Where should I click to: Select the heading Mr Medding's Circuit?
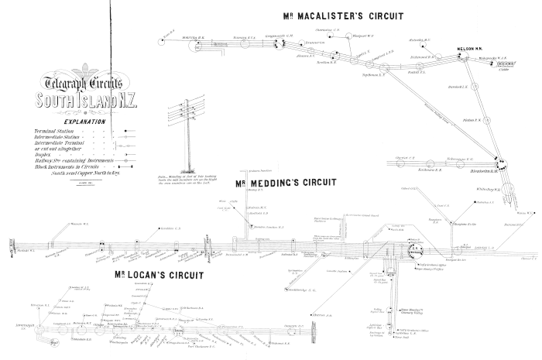[286, 183]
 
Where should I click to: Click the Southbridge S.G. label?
[302, 290]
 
